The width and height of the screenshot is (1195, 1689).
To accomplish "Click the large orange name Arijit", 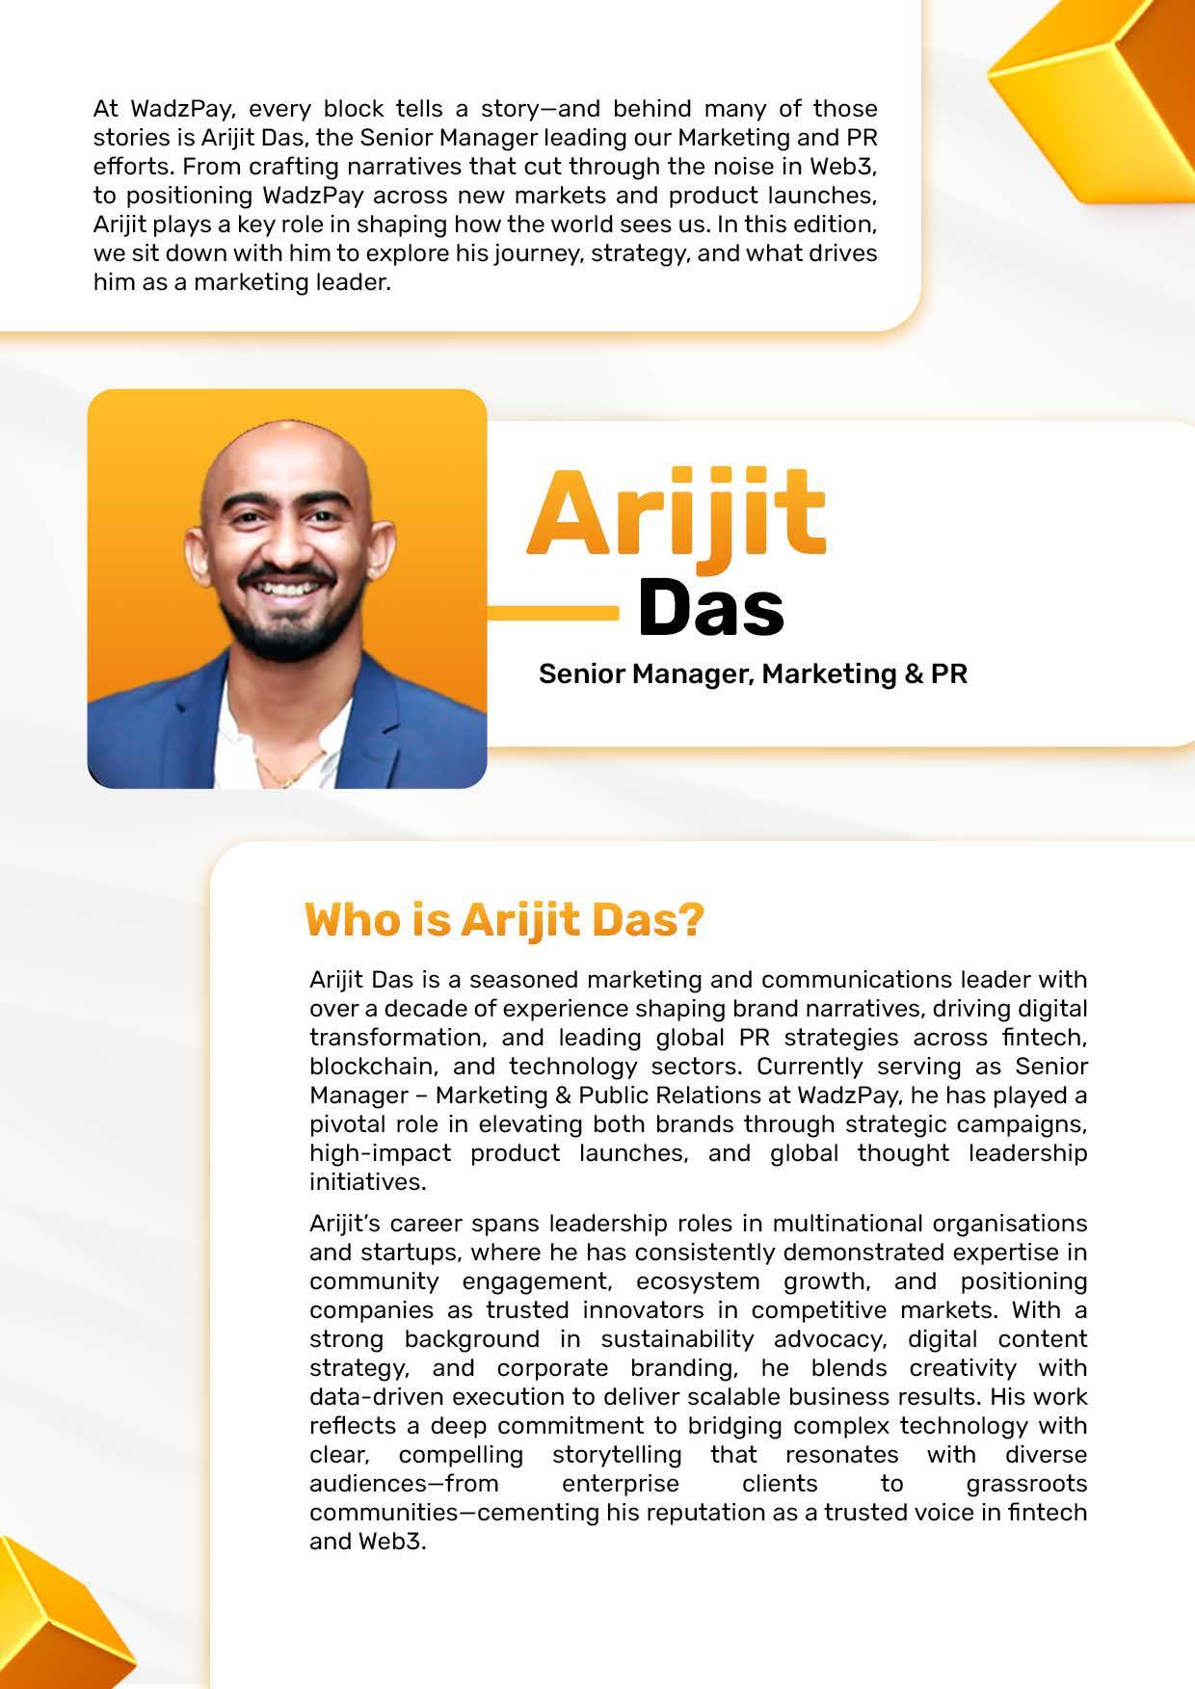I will coord(675,514).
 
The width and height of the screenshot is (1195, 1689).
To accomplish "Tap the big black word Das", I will coord(710,609).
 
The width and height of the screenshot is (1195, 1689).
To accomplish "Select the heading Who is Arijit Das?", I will coord(504,920).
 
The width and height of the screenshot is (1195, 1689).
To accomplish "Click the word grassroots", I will coord(1026,1483).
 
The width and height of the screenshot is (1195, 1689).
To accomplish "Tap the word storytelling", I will coord(616,1454).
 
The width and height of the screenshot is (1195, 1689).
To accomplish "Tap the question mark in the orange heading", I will coord(690,920).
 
